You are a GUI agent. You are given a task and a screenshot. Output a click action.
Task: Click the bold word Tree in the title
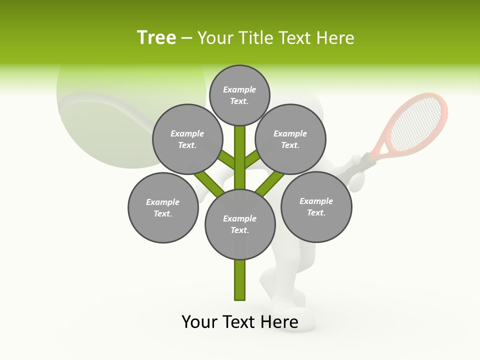coord(156,38)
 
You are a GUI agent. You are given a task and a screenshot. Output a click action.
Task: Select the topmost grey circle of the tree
coord(239,95)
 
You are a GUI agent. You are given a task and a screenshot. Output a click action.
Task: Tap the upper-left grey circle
coord(187,139)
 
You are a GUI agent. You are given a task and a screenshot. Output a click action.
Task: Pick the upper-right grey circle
coord(290,139)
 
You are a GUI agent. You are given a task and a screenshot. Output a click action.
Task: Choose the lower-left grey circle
coord(163,207)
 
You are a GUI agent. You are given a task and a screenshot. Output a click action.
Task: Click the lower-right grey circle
coord(316,206)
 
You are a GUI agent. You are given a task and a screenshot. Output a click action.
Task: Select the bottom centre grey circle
coord(240,224)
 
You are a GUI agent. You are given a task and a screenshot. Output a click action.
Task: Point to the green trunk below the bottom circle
coord(240,280)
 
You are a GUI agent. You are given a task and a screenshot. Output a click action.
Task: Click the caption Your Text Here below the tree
coord(240,322)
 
